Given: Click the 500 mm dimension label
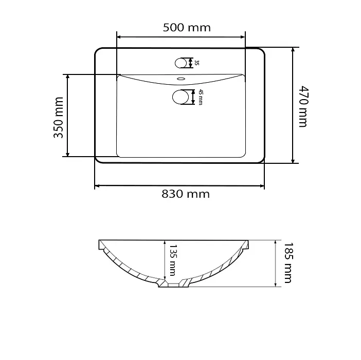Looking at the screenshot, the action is pos(187,28).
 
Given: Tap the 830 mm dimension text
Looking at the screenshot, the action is pos(186,194).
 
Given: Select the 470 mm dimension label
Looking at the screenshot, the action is pos(303,106).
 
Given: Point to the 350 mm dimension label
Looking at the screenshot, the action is pos(59,118).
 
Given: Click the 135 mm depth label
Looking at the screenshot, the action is pos(173,260).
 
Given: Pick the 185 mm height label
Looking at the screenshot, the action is pos(288,262).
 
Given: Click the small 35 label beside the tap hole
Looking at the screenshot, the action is pos(197,63).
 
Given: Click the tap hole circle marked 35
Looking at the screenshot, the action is pos(180,63).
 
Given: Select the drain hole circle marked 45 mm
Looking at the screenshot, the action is pos(180,97).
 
